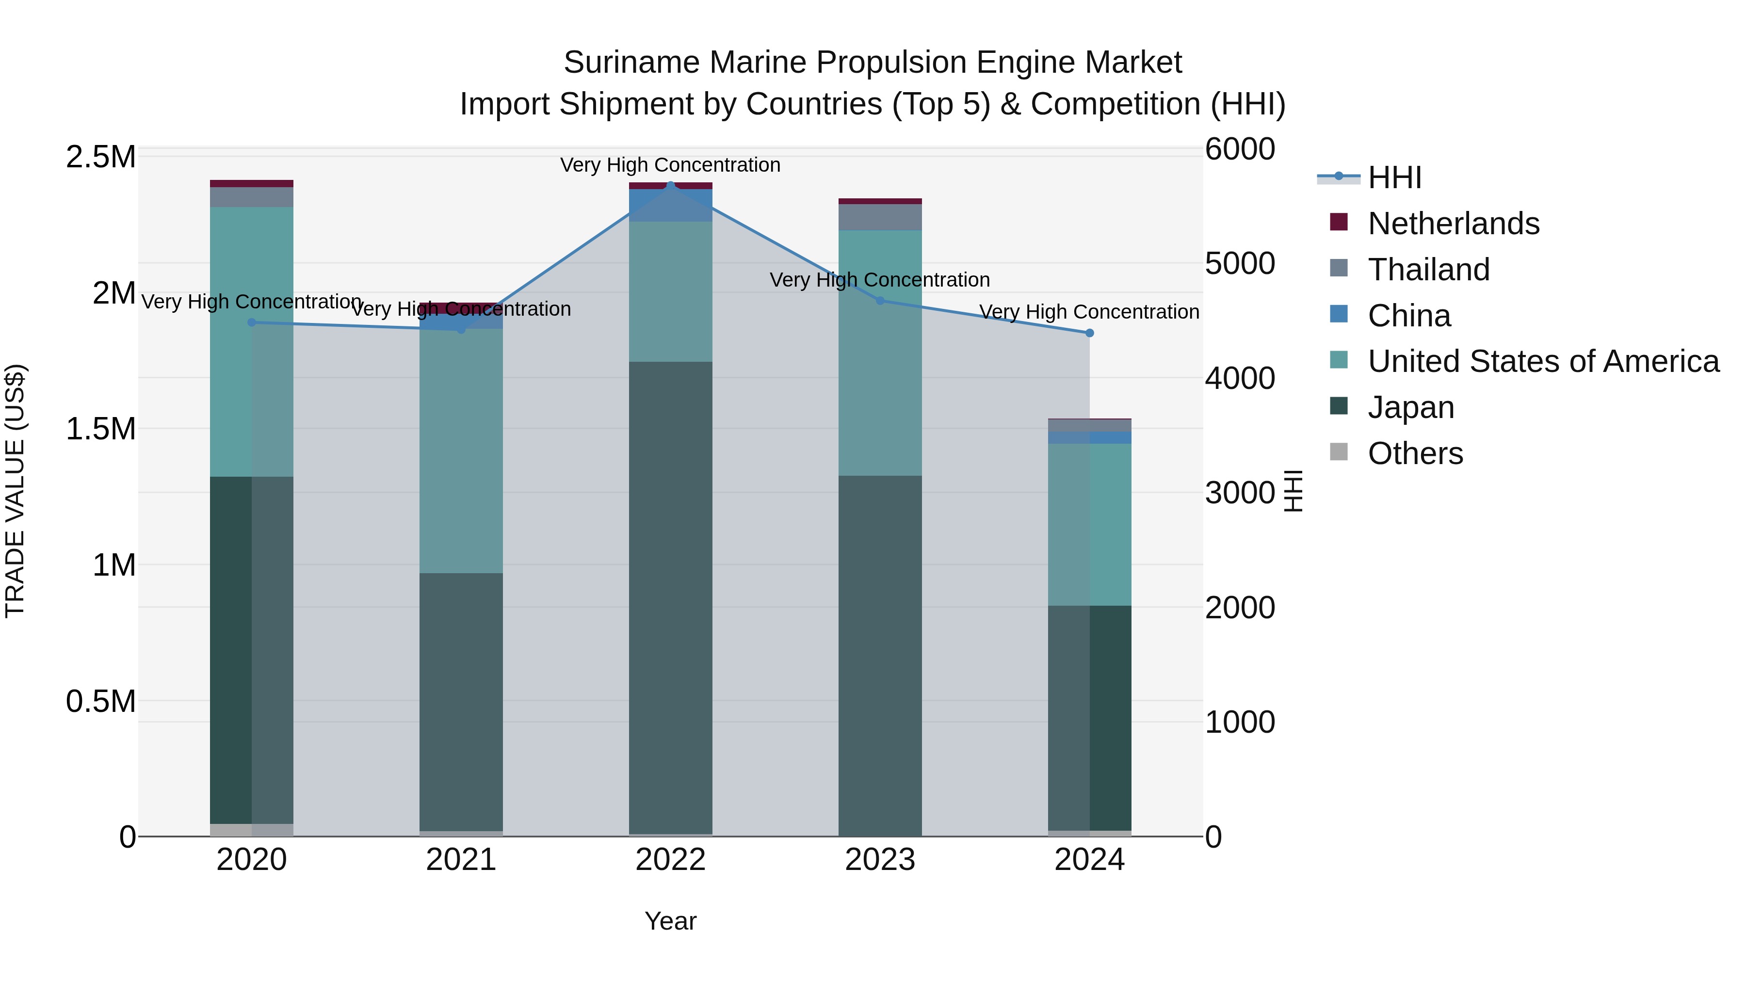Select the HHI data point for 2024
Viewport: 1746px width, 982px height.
point(1089,333)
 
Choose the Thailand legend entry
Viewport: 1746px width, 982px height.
point(1428,270)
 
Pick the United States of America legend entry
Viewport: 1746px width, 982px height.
point(1543,361)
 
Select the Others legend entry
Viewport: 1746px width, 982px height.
point(1415,453)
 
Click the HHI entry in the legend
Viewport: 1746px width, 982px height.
point(1394,177)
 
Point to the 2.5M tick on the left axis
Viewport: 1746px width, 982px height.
point(100,157)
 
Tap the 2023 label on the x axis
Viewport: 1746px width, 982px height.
point(880,860)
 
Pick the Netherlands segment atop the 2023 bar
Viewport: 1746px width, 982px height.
point(880,201)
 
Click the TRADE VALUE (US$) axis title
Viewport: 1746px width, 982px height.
point(15,491)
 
